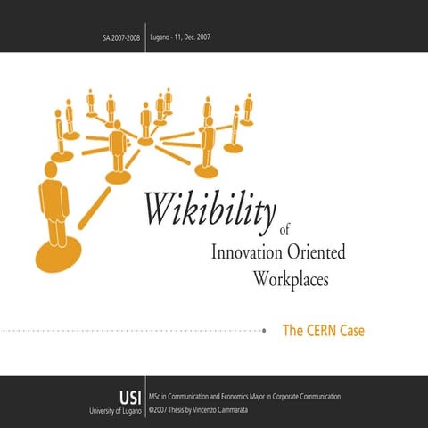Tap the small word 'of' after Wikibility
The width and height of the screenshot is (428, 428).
click(284, 227)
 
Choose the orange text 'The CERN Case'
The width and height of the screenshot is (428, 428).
click(324, 331)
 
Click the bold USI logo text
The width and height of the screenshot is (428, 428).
click(129, 396)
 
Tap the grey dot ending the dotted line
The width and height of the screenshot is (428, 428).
click(266, 331)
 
